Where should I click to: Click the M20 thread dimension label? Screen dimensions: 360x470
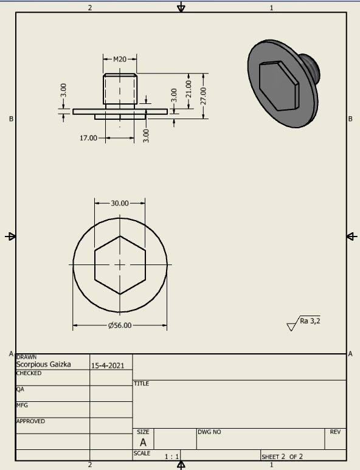pyautogui.click(x=120, y=60)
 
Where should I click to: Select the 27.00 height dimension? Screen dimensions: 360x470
pyautogui.click(x=204, y=96)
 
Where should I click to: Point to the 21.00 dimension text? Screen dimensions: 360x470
pyautogui.click(x=189, y=89)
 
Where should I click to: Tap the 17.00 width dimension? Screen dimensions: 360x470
pyautogui.click(x=88, y=138)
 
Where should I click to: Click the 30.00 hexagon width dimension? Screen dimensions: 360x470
pyautogui.click(x=120, y=204)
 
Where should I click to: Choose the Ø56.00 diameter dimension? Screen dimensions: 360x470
pyautogui.click(x=120, y=325)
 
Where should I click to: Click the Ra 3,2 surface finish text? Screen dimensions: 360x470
pyautogui.click(x=310, y=321)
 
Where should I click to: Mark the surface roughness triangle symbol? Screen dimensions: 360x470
pyautogui.click(x=291, y=327)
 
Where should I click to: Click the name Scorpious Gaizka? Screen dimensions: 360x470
pyautogui.click(x=43, y=364)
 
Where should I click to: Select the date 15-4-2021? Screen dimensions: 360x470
pyautogui.click(x=108, y=365)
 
